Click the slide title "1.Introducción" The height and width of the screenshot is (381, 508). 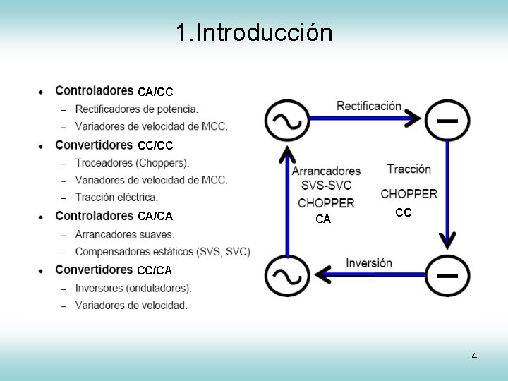tap(253, 32)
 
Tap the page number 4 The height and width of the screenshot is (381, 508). tap(474, 356)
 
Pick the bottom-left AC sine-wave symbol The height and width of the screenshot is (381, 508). tap(287, 274)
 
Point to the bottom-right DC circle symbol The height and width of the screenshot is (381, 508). tap(447, 274)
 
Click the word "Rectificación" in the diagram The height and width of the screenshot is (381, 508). tap(368, 107)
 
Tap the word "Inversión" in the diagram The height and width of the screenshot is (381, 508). tap(368, 263)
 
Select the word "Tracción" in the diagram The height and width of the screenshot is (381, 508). tap(409, 169)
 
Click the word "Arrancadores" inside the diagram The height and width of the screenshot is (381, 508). tap(326, 171)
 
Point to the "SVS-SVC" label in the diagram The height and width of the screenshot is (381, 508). tap(326, 186)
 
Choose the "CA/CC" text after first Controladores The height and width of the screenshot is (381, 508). tap(155, 92)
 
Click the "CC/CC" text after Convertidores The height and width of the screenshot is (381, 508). tap(155, 145)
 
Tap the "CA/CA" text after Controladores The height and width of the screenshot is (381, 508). tap(155, 216)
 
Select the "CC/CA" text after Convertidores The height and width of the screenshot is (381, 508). tap(155, 270)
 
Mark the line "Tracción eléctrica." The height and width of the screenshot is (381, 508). tap(116, 197)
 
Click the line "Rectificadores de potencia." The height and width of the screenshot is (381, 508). tap(136, 109)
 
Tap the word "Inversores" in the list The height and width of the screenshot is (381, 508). tap(99, 288)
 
